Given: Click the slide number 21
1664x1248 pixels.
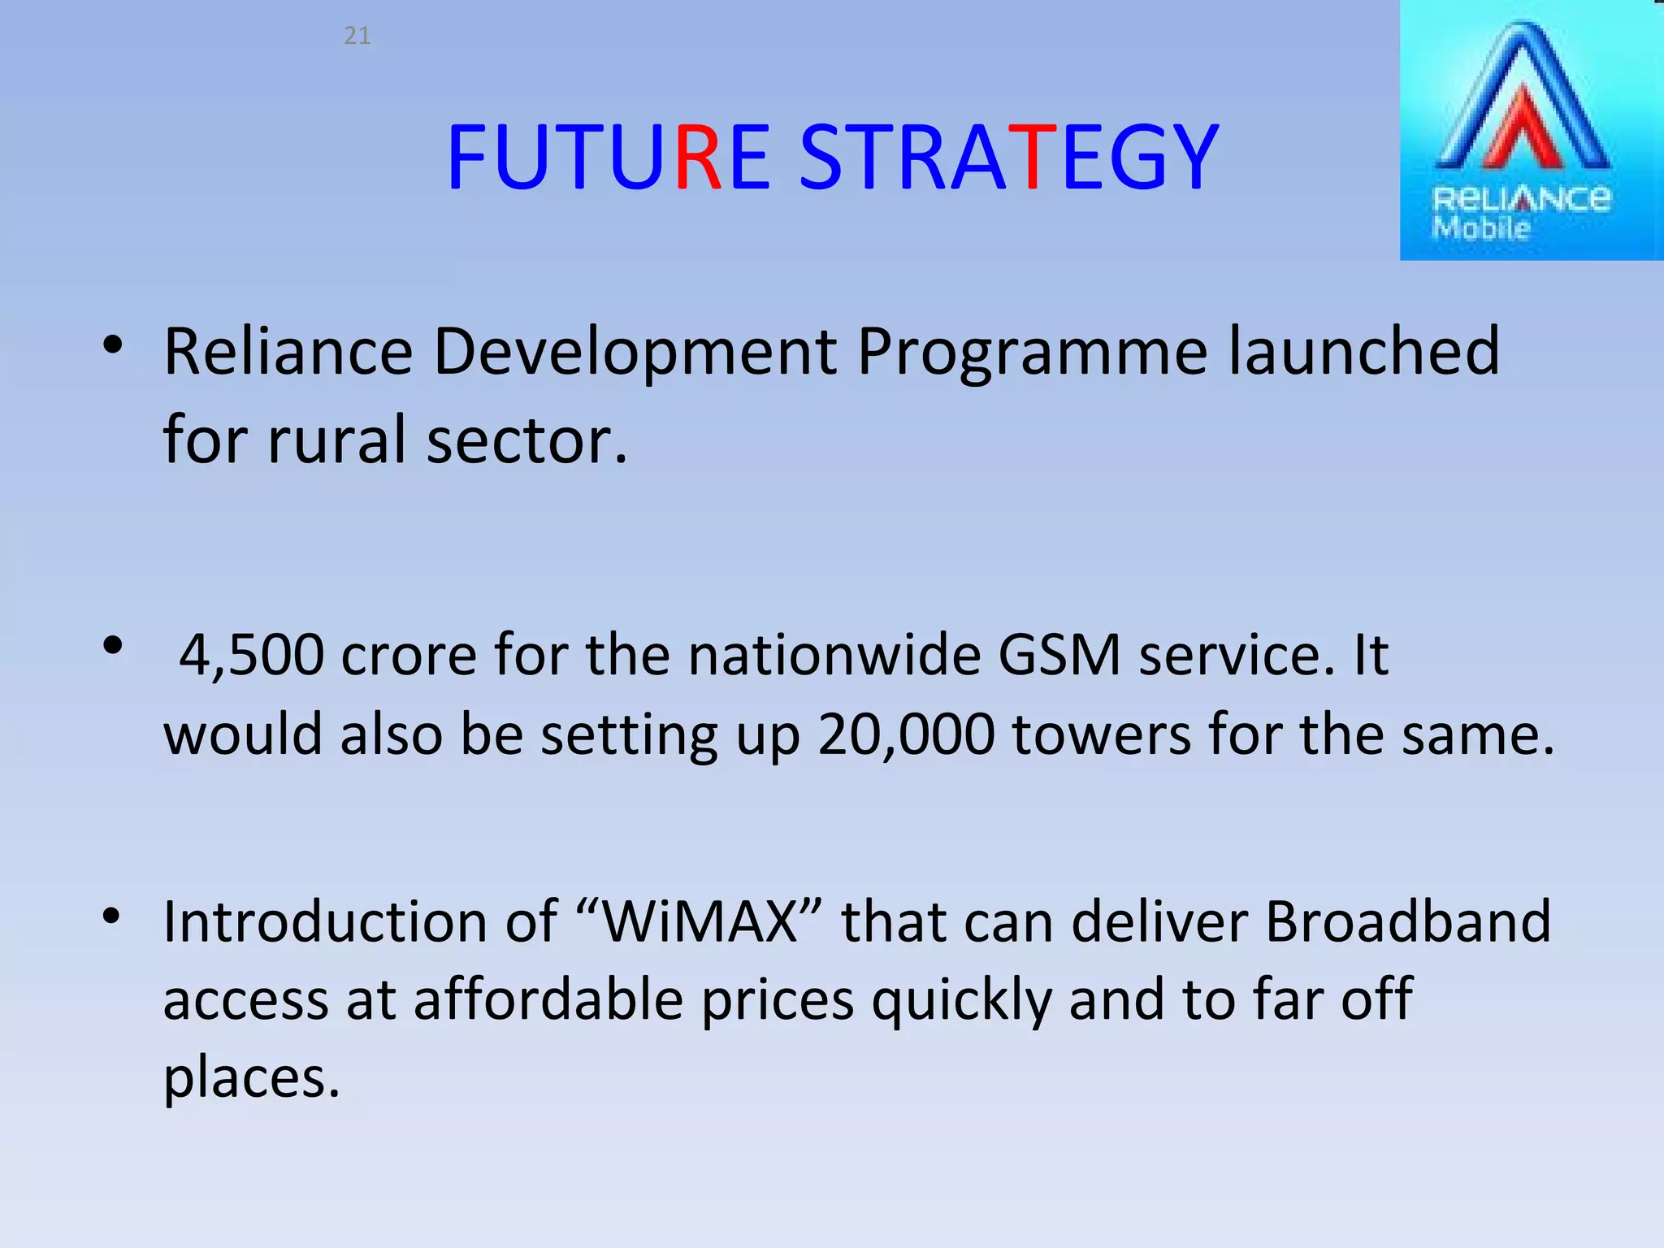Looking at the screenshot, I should [357, 36].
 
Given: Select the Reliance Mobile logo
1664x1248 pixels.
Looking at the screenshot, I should [1531, 130].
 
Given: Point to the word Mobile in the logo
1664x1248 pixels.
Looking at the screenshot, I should [1480, 228].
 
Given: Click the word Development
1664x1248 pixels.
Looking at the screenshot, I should [635, 353].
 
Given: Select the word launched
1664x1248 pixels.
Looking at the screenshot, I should [1363, 351].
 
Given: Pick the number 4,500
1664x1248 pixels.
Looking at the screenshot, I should [251, 655].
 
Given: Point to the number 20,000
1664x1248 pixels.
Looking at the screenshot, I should [905, 734].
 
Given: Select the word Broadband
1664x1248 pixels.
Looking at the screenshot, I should [1407, 921].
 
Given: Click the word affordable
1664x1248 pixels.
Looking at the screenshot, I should [548, 999].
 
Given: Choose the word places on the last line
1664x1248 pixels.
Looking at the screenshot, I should [250, 1079].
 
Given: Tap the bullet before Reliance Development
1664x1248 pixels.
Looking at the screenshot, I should [112, 346].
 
